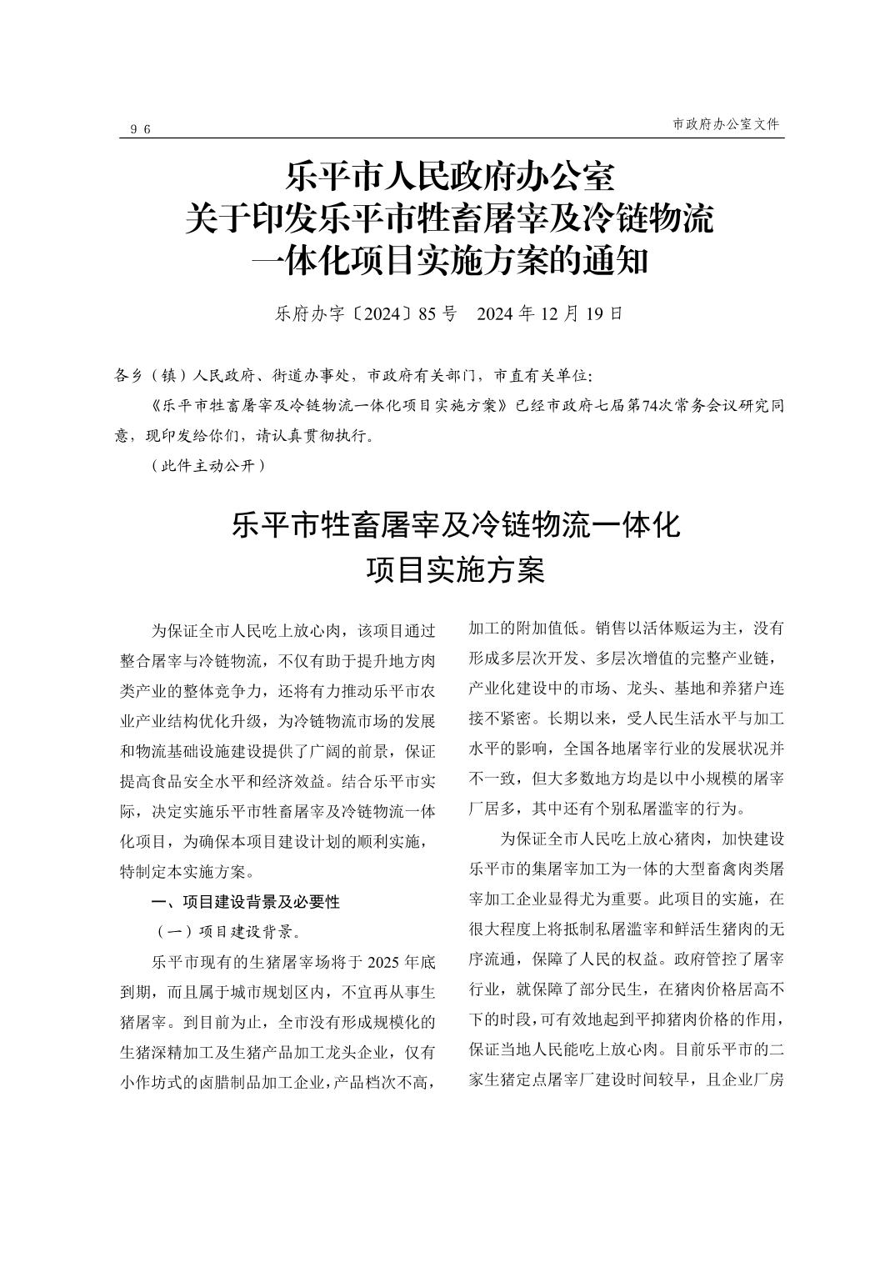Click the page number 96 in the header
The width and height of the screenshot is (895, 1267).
pos(140,129)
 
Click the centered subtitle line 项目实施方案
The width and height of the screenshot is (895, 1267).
pos(455,571)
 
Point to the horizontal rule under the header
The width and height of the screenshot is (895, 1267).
pos(451,138)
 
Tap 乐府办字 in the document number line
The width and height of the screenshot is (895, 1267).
pos(303,314)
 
